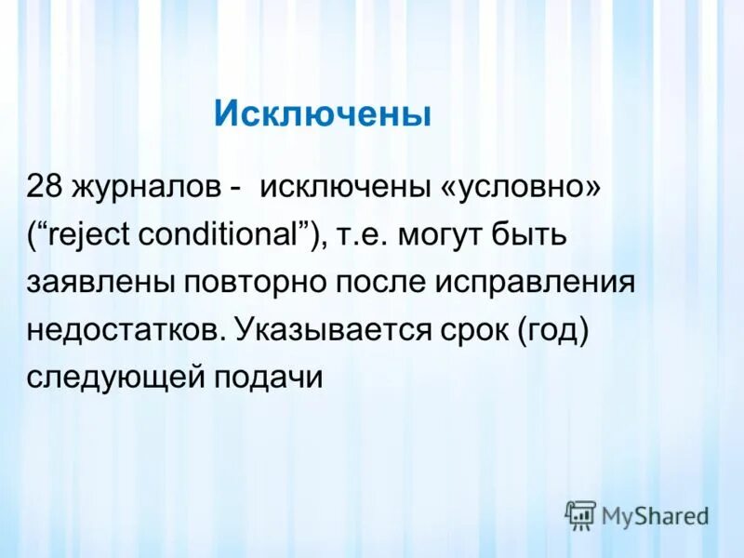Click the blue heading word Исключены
click(323, 114)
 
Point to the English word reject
click(93, 234)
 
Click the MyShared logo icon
click(580, 514)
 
